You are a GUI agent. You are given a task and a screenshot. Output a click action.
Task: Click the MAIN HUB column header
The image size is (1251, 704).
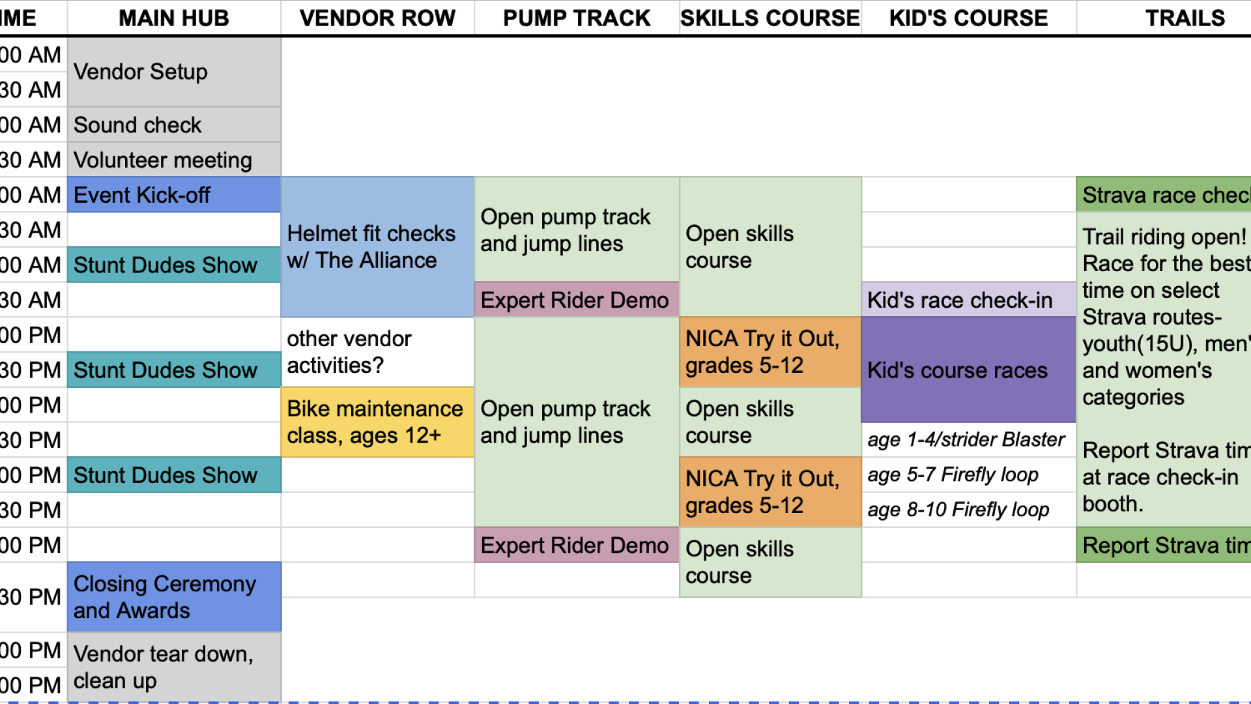click(174, 18)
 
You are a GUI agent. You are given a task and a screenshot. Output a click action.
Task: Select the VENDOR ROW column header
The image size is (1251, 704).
click(377, 18)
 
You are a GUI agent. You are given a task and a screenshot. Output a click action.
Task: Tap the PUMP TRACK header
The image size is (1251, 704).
click(577, 18)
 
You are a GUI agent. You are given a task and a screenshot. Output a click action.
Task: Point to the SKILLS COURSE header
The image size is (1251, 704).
click(770, 18)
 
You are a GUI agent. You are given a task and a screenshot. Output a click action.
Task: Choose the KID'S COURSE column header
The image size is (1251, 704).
click(968, 18)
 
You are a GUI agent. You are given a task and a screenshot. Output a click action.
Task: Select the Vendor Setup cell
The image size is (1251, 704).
click(174, 72)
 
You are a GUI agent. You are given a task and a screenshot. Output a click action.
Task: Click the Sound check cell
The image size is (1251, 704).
click(174, 125)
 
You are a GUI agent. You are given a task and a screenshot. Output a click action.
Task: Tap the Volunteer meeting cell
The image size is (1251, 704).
click(174, 160)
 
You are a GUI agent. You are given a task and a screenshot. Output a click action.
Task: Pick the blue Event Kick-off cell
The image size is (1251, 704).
click(174, 195)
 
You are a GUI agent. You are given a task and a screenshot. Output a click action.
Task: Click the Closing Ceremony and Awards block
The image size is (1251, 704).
click(174, 597)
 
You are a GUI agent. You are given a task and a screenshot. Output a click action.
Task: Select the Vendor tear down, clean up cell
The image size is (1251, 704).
click(174, 667)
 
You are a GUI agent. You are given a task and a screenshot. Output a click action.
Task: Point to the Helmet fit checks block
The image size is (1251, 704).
click(377, 247)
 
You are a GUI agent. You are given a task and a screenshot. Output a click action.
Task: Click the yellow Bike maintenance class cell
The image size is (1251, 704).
click(377, 422)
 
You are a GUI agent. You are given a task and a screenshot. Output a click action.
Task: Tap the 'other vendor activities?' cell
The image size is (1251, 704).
click(377, 352)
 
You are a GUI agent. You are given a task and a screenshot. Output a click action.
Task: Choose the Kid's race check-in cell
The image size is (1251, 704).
click(968, 300)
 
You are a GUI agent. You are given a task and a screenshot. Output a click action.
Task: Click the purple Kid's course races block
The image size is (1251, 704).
click(968, 370)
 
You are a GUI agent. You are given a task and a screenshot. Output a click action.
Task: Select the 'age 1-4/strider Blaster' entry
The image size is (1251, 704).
click(968, 440)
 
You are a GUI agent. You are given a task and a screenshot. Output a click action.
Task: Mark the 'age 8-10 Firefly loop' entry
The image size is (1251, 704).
click(968, 510)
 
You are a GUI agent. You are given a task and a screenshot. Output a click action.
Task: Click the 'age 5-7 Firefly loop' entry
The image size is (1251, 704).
click(968, 475)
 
